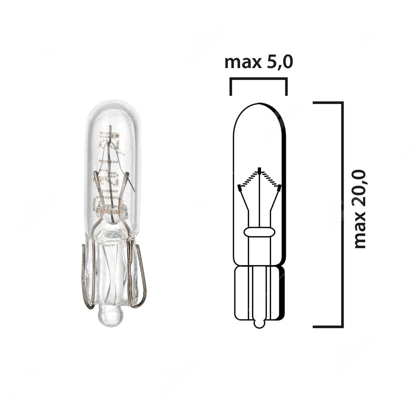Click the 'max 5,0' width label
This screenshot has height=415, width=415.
click(259, 62)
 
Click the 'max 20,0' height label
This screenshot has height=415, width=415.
click(359, 209)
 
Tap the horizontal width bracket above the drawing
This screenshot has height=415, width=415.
click(259, 79)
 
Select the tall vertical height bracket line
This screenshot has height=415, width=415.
click(342, 214)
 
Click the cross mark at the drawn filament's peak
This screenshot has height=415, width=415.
click(260, 170)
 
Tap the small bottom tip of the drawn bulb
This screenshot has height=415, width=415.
click(259, 323)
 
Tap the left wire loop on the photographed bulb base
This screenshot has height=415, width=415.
click(88, 276)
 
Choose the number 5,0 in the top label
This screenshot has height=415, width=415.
click(278, 62)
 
